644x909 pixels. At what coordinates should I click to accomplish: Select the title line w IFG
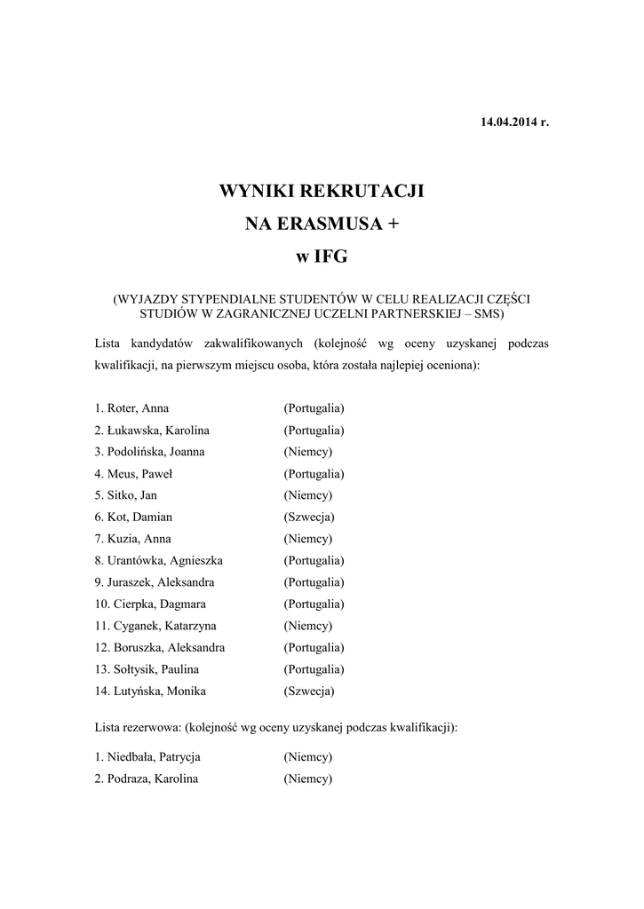322,258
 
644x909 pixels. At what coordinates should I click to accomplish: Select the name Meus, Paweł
139,474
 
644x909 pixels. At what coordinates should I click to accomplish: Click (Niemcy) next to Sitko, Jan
307,495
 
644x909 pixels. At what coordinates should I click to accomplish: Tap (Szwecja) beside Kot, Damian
309,517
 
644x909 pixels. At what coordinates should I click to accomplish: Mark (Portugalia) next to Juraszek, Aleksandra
314,582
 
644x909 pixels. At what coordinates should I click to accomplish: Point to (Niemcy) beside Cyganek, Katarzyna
307,626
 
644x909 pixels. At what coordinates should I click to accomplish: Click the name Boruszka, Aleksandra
169,648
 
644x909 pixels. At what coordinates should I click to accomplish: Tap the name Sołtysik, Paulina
155,669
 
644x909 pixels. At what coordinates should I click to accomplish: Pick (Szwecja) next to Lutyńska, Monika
309,691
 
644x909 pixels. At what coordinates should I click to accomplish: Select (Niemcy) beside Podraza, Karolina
307,779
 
